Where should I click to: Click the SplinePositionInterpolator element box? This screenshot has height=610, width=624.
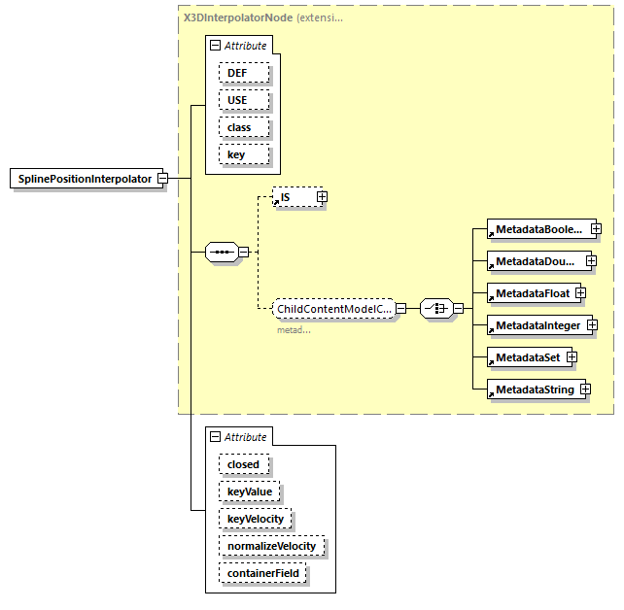click(x=85, y=179)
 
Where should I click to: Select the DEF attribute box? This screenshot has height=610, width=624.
click(x=237, y=73)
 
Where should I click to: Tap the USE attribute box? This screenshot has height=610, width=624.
click(x=237, y=100)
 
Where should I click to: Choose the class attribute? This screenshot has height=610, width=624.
click(x=239, y=127)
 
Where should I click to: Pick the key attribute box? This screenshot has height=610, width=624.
click(x=236, y=154)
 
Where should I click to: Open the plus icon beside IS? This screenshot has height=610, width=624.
click(x=323, y=197)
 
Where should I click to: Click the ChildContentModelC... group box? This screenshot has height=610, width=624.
click(x=333, y=309)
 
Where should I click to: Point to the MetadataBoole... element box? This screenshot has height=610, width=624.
click(x=537, y=229)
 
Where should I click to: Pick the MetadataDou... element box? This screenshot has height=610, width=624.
click(x=536, y=261)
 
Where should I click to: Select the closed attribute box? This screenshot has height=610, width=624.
click(x=243, y=464)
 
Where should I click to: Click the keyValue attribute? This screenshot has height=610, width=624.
click(x=250, y=491)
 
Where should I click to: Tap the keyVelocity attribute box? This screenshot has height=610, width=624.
click(x=256, y=519)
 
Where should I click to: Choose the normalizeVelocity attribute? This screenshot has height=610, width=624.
click(x=271, y=546)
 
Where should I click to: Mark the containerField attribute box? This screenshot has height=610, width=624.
click(x=263, y=573)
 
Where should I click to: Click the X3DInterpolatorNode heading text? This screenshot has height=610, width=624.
click(x=237, y=17)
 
